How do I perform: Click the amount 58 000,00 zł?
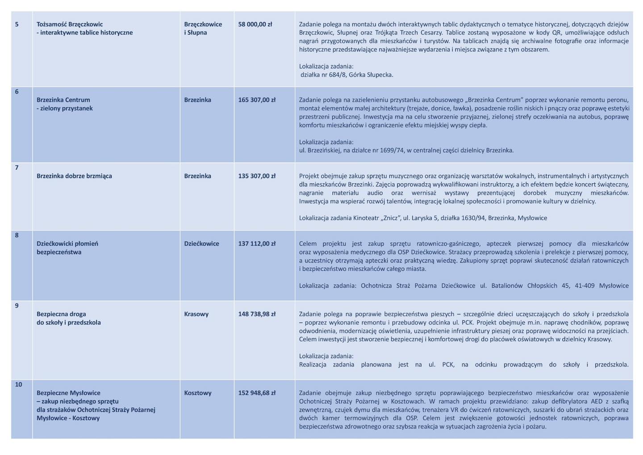[255, 24]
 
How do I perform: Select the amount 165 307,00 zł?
[257, 100]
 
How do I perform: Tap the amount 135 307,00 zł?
[257, 176]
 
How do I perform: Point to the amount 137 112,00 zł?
[257, 244]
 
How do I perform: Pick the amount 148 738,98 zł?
[257, 314]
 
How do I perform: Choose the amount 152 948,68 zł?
[257, 393]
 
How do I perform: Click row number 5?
[17, 24]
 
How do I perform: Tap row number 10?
[19, 384]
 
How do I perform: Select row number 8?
[17, 235]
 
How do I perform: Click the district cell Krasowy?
[196, 314]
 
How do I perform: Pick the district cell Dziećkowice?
[201, 244]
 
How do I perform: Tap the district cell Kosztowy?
[198, 393]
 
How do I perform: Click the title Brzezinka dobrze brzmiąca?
[74, 176]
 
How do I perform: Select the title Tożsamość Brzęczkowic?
[70, 24]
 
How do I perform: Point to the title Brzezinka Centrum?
[63, 100]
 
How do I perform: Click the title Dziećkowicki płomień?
[67, 244]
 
